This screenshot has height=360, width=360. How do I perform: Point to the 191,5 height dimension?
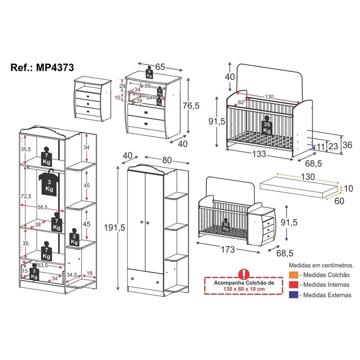click(x=107, y=228)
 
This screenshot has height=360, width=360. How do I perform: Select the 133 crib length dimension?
click(x=258, y=154)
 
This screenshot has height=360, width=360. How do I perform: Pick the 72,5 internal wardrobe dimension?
click(x=26, y=196)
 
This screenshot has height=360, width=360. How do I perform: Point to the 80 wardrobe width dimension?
click(x=154, y=160)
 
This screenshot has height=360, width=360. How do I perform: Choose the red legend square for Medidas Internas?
click(x=292, y=285)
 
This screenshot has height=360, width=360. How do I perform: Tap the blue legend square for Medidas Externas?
click(x=292, y=295)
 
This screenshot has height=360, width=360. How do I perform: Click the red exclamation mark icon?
click(x=244, y=274)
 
